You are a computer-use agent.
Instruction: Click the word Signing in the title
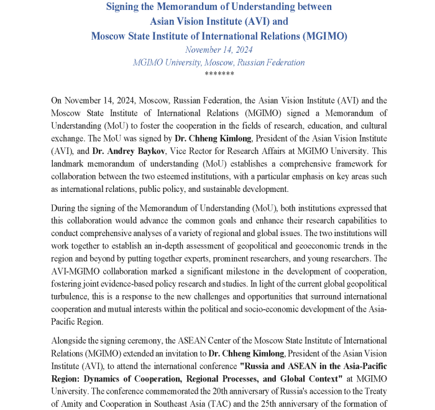[x=126, y=7]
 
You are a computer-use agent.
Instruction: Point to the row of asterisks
[x=219, y=73]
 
